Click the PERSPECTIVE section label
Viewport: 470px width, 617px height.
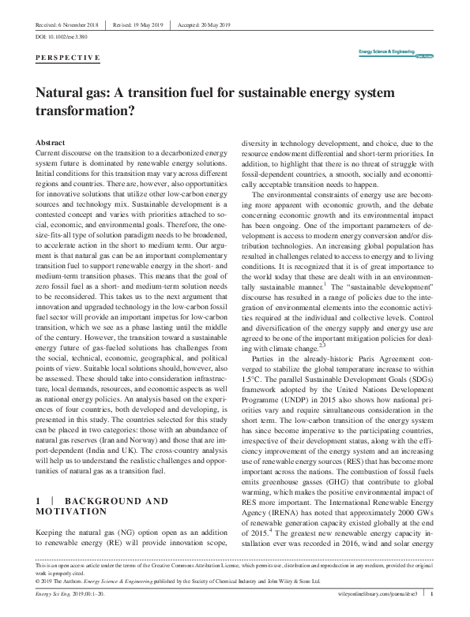click(x=69, y=58)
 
